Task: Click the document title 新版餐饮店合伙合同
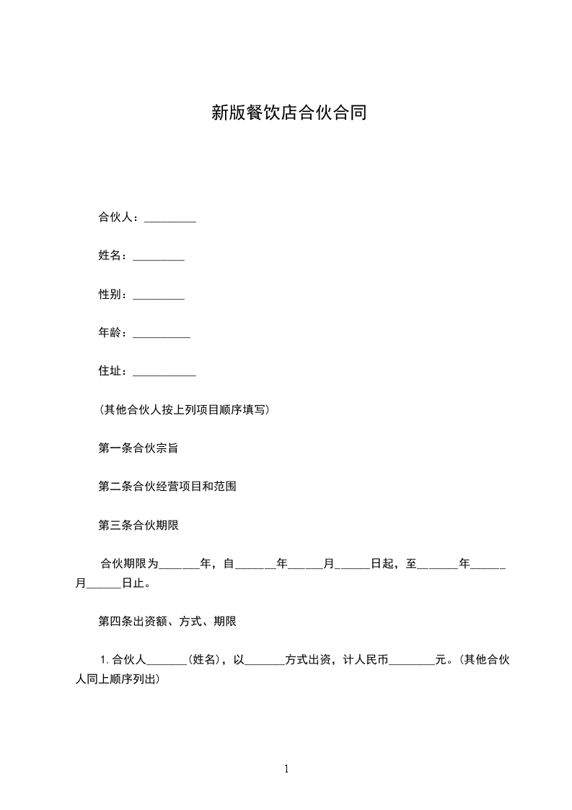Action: coord(289,113)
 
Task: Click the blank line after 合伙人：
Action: coord(170,218)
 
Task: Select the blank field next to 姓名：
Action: coord(159,256)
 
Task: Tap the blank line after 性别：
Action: coord(159,295)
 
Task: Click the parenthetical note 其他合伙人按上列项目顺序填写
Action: coord(185,410)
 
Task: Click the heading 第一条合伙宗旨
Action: coord(138,448)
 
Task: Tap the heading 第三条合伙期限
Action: coord(138,526)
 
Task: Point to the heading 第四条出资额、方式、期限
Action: coord(167,621)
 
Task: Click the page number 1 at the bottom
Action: coord(286,770)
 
